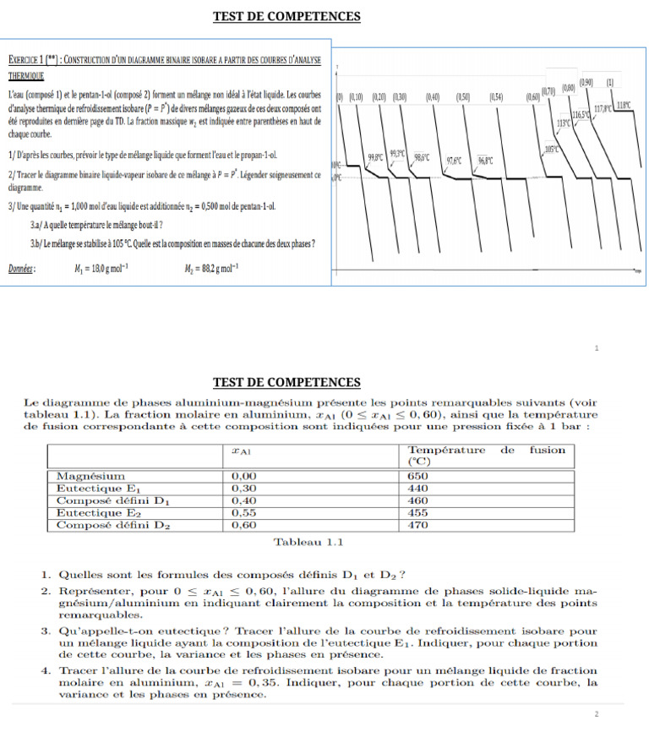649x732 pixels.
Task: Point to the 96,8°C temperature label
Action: tap(485, 160)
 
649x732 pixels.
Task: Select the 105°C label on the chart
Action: tap(553, 149)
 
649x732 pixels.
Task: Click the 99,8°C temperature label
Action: tap(376, 156)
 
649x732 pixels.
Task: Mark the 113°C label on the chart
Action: tap(564, 123)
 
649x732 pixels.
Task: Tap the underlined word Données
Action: tap(20, 270)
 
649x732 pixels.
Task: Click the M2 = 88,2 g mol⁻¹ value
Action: tap(211, 270)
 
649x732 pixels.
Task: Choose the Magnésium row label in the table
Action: tap(90, 477)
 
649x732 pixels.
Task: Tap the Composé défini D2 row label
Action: tap(113, 524)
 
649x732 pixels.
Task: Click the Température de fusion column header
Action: tap(486, 456)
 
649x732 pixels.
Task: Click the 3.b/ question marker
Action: tap(37, 244)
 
